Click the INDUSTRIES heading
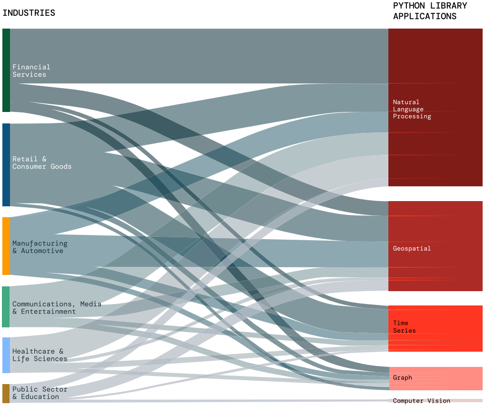(29, 13)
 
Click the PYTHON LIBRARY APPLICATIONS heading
(430, 11)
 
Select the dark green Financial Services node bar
(6, 70)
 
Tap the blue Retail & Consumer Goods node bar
(6, 164)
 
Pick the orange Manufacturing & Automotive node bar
(6, 246)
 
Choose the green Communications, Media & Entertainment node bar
(6, 307)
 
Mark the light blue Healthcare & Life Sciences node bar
(6, 355)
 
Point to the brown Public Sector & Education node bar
(6, 393)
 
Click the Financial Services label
(31, 71)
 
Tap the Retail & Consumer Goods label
(42, 162)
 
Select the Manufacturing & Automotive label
(40, 247)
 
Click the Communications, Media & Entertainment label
(57, 307)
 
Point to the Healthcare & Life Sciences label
(40, 355)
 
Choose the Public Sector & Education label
(40, 393)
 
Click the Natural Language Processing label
(412, 109)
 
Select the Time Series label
(405, 327)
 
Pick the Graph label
(403, 377)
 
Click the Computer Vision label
(421, 401)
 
